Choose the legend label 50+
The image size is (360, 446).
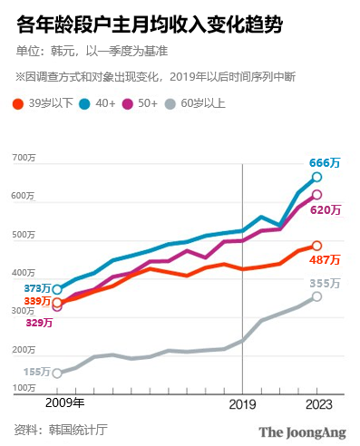point(171,103)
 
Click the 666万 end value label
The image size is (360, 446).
point(324,162)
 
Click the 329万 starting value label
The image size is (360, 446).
point(40,322)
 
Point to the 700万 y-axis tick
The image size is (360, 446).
point(23,160)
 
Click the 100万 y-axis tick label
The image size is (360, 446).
point(23,388)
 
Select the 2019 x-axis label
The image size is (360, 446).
point(242,403)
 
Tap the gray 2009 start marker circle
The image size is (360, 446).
point(57,373)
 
